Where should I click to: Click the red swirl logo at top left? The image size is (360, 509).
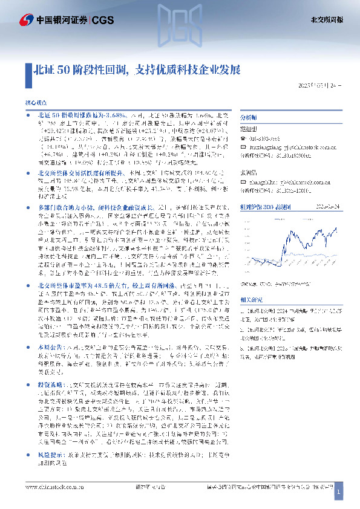(x=25, y=19)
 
